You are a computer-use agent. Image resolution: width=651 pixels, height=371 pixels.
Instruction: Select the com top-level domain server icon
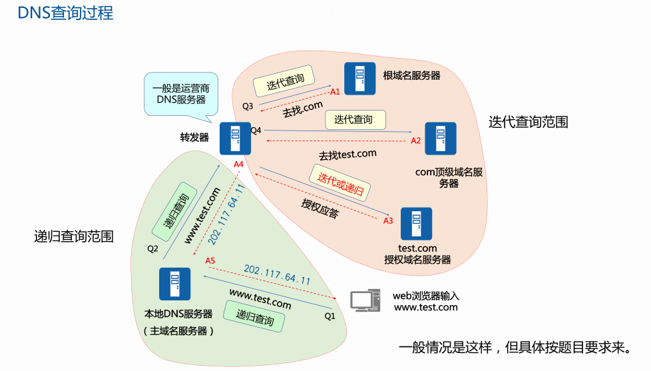pyautogui.click(x=441, y=139)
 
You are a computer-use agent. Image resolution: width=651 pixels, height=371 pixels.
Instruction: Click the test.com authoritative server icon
pyautogui.click(x=416, y=224)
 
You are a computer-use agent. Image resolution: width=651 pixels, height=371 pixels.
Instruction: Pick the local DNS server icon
pyautogui.click(x=174, y=284)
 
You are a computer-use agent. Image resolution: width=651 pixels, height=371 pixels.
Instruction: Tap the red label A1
pyautogui.click(x=335, y=91)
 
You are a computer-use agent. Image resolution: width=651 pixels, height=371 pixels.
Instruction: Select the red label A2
pyautogui.click(x=416, y=141)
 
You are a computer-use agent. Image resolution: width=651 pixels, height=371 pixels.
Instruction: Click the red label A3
pyautogui.click(x=389, y=220)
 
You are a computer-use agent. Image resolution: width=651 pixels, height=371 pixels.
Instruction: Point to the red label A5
pyautogui.click(x=211, y=260)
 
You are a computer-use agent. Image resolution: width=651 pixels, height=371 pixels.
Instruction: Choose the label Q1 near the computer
pyautogui.click(x=330, y=316)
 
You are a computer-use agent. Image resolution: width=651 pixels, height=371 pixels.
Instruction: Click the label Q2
pyautogui.click(x=153, y=249)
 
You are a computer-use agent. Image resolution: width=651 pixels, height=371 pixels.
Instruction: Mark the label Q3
pyautogui.click(x=248, y=106)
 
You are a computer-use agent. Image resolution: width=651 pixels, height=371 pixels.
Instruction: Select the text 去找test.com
pyautogui.click(x=347, y=155)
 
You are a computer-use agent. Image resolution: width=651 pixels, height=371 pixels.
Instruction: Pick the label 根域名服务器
pyautogui.click(x=411, y=75)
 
